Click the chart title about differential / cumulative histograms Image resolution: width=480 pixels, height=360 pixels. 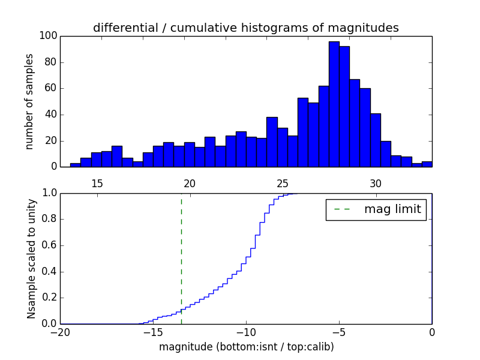(x=245, y=28)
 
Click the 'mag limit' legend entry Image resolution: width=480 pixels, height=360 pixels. (x=376, y=209)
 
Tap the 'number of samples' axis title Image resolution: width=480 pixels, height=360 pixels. (x=29, y=101)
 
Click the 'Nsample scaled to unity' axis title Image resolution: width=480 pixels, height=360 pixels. (x=31, y=259)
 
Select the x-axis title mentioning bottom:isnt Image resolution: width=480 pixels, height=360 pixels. (x=246, y=347)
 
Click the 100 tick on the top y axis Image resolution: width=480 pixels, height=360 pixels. (x=49, y=36)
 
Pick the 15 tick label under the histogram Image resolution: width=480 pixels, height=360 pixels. (x=97, y=184)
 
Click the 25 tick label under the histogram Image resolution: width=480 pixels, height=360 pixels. (x=283, y=184)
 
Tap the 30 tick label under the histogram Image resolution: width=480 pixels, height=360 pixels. (x=376, y=184)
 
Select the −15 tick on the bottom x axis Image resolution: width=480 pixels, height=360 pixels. (x=152, y=332)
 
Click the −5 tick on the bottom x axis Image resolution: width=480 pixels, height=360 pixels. (x=338, y=332)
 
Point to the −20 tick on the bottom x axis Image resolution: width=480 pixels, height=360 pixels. (x=60, y=332)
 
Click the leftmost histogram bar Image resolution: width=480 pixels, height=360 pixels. (x=75, y=165)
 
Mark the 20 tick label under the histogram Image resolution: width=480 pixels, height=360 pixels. (x=190, y=184)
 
